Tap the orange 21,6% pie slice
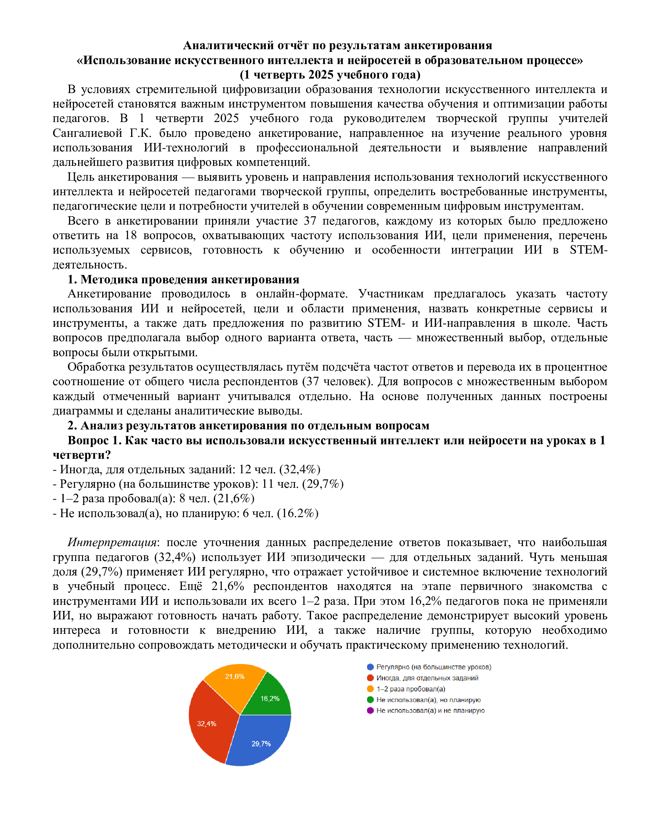tap(234, 682)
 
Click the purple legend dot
tap(370, 710)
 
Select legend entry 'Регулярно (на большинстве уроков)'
tap(433, 667)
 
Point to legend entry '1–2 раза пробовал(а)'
tap(411, 689)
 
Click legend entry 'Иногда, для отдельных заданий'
tap(427, 678)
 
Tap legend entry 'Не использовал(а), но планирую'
tap(428, 699)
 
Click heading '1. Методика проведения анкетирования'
tap(183, 279)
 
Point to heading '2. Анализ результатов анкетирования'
tap(248, 425)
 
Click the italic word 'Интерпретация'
tap(112, 542)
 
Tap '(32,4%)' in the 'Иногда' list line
tap(300, 469)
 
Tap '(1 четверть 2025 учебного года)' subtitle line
tap(330, 74)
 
